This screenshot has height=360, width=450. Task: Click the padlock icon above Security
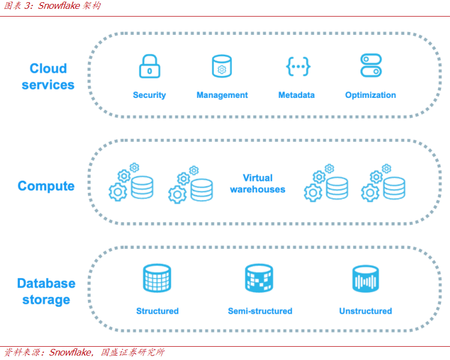click(x=149, y=66)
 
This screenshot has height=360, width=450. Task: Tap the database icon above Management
click(x=221, y=66)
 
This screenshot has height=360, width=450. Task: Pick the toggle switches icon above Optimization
click(x=370, y=66)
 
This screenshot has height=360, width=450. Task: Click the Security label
click(x=149, y=95)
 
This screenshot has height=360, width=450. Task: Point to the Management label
click(x=222, y=95)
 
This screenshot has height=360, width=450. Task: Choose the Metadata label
click(x=296, y=95)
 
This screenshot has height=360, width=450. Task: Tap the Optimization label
click(x=370, y=95)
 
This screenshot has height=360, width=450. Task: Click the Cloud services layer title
click(x=48, y=76)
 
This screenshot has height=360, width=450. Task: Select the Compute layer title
click(x=46, y=186)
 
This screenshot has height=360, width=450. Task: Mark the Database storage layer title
click(x=46, y=291)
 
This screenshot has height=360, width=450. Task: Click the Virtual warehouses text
click(x=257, y=184)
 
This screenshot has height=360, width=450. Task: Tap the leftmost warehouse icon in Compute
click(x=131, y=183)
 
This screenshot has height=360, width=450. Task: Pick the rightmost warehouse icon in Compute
click(x=384, y=183)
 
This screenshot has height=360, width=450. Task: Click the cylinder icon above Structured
click(x=157, y=278)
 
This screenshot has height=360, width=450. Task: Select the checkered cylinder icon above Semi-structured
click(x=259, y=278)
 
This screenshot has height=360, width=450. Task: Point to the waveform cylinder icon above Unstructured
click(x=365, y=279)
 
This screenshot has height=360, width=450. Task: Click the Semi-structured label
click(x=260, y=311)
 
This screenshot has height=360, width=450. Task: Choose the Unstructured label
click(x=365, y=311)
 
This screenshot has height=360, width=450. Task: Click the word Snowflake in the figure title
click(x=59, y=6)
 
